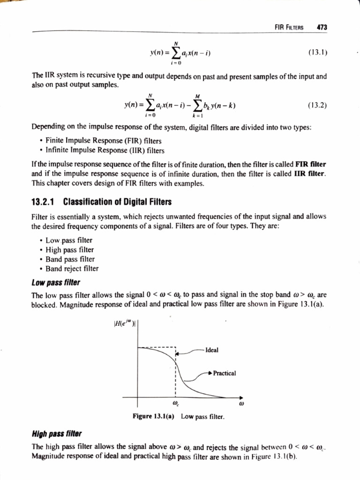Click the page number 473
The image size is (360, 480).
[x=322, y=27]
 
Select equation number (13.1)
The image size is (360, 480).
[x=317, y=52]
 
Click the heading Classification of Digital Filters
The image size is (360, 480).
[x=117, y=202]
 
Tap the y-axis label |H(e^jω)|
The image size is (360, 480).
[x=125, y=322]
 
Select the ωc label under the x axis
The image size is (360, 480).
[x=175, y=403]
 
